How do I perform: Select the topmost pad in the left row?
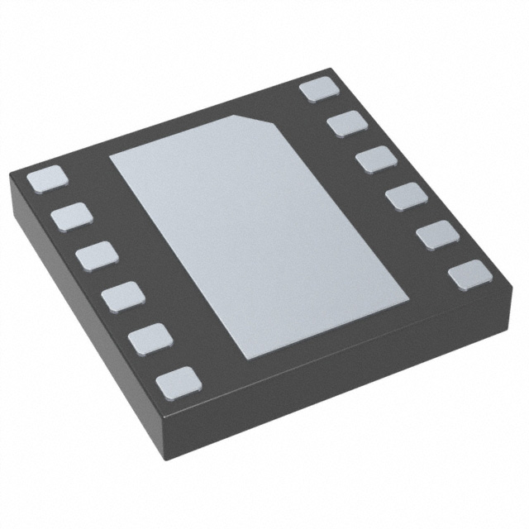pyautogui.click(x=46, y=179)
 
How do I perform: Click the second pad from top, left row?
pyautogui.click(x=71, y=217)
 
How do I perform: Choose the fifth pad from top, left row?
pyautogui.click(x=150, y=337)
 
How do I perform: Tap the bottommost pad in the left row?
pyautogui.click(x=179, y=380)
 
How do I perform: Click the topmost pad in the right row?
pyautogui.click(x=320, y=88)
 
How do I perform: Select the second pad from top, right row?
pyautogui.click(x=348, y=124)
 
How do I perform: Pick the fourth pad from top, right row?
pyautogui.click(x=406, y=198)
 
